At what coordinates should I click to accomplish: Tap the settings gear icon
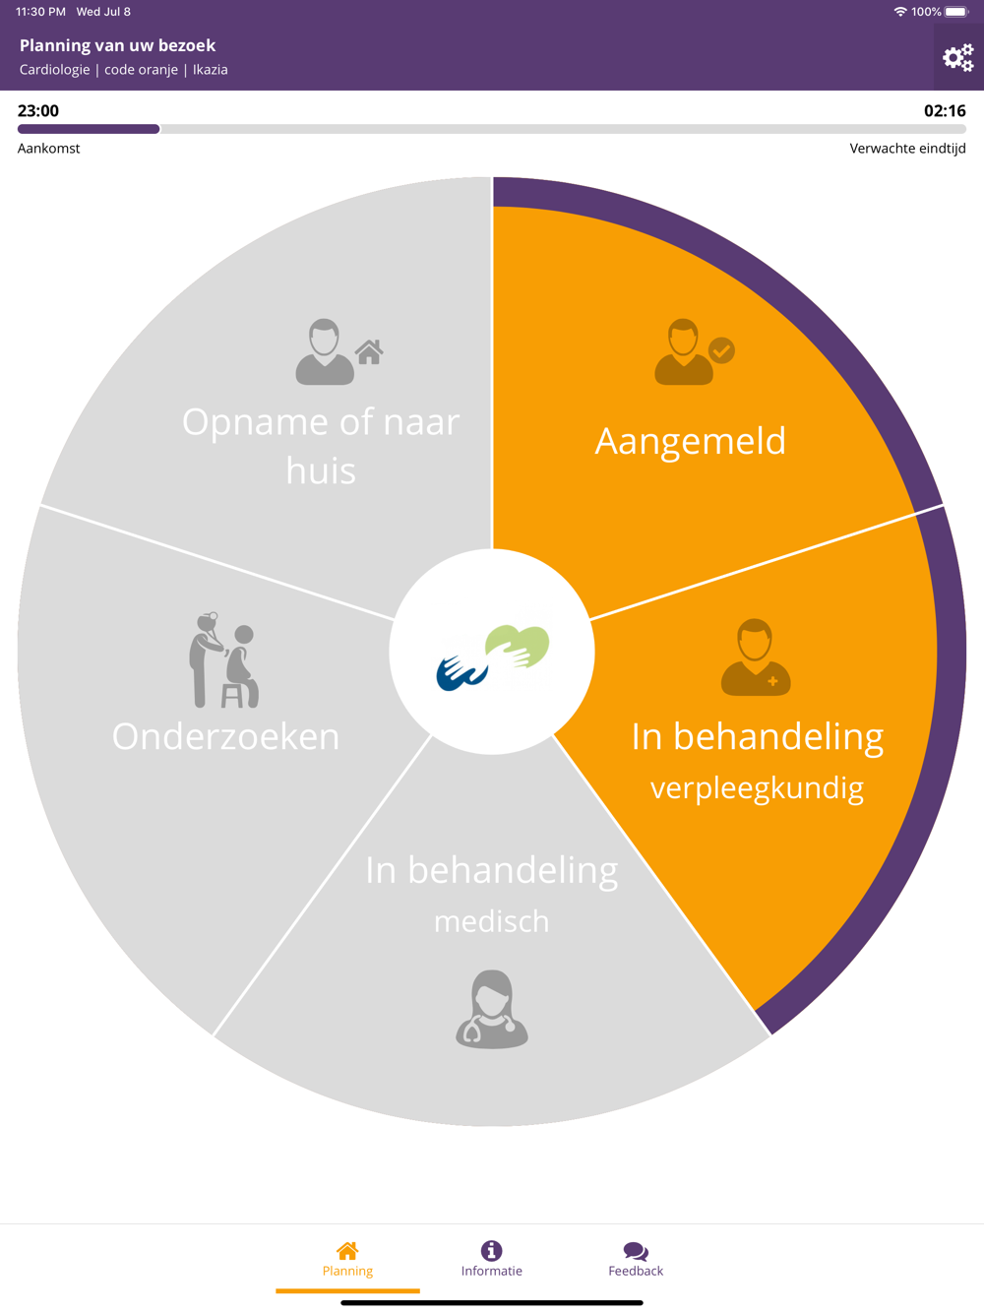coord(957,58)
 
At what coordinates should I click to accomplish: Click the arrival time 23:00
coord(38,111)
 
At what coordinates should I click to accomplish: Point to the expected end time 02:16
coord(945,111)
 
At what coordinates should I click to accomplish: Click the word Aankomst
coord(49,149)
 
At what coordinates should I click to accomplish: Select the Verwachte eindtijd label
coord(907,149)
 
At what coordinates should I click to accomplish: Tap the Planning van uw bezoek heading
coord(117,45)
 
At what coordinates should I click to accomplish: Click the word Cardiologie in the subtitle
coord(54,70)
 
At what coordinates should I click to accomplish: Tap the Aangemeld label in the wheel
coord(690,441)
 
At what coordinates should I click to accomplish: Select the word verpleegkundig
coord(757,788)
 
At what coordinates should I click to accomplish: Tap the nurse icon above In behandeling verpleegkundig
coord(755,657)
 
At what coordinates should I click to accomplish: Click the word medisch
coord(491,922)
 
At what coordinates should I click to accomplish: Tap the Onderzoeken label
coord(225,737)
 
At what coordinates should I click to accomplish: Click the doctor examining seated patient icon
coord(223,659)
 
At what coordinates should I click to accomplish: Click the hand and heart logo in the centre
coord(492,654)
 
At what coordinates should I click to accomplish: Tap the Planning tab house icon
coord(347,1250)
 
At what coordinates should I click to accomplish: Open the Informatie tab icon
coord(492,1250)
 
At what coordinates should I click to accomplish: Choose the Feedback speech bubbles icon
coord(636,1251)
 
